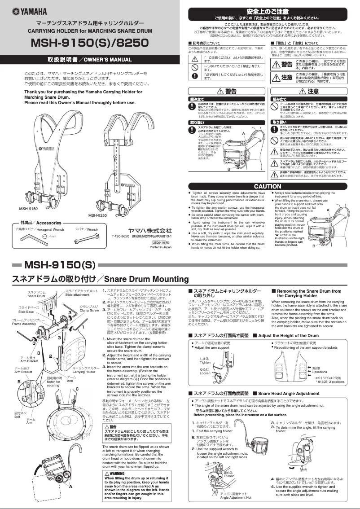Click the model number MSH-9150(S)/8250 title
click(x=90, y=43)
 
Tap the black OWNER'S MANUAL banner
click(x=90, y=59)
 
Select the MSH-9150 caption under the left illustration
click(x=28, y=209)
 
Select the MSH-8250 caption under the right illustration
click(x=97, y=215)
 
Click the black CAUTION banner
click(x=268, y=186)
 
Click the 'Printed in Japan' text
click(x=160, y=247)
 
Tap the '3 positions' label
click(x=319, y=372)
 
